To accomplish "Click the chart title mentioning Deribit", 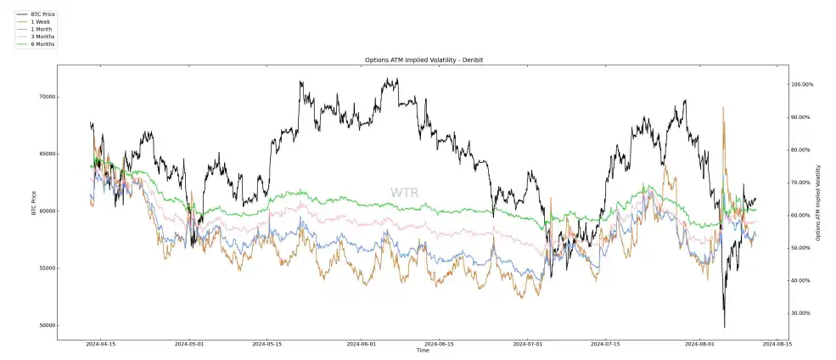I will pyautogui.click(x=418, y=60).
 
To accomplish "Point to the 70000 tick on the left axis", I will pyautogui.click(x=46, y=97).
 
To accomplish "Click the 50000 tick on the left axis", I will pyautogui.click(x=46, y=325).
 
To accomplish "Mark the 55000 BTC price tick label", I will pyautogui.click(x=46, y=268).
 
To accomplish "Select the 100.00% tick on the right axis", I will pyautogui.click(x=802, y=85).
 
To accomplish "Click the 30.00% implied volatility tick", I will pyautogui.click(x=802, y=313).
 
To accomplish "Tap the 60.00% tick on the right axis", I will pyautogui.click(x=802, y=216).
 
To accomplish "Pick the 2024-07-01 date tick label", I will pyautogui.click(x=529, y=345).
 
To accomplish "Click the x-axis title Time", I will pyautogui.click(x=422, y=351).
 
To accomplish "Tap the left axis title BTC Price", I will pyautogui.click(x=34, y=201).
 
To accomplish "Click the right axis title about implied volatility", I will pyautogui.click(x=818, y=202).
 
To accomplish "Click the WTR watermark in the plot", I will pyautogui.click(x=404, y=193).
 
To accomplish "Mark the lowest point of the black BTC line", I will pyautogui.click(x=724, y=327).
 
